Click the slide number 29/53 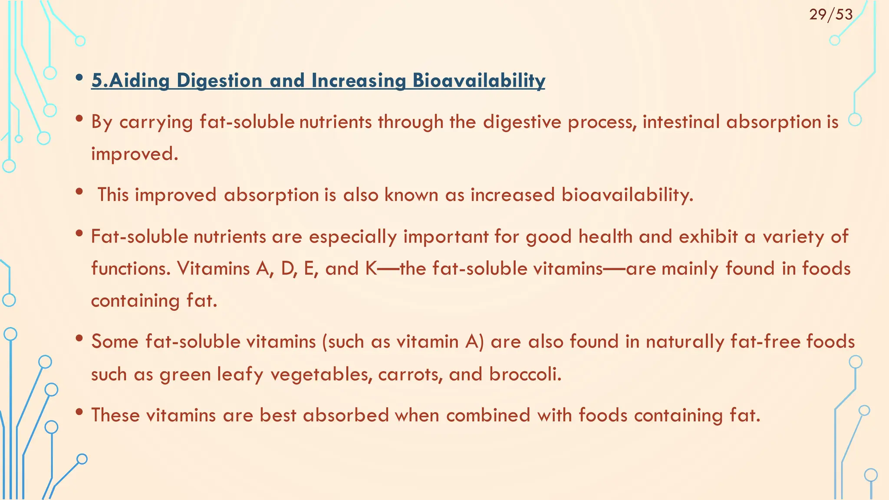point(831,15)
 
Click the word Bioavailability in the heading point(479,81)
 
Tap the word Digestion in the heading point(219,81)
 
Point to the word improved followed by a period point(134,154)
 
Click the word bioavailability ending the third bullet point(627,195)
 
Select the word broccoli point(525,375)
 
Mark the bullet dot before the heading point(79,78)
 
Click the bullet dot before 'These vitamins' point(79,412)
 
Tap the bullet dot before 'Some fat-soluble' point(79,339)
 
